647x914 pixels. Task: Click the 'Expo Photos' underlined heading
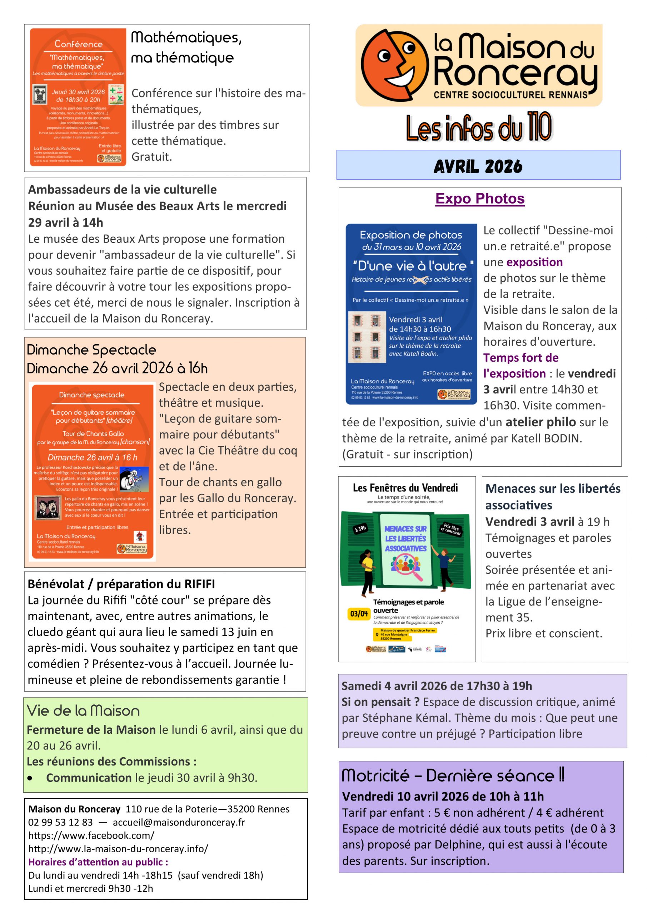pos(480,199)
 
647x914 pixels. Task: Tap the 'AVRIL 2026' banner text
pos(478,166)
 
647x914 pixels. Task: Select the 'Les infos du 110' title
pos(478,127)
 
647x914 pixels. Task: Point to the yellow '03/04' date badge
pos(359,613)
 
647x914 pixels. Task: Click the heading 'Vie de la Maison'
pos(83,710)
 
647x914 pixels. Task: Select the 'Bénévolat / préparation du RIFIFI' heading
pos(121,584)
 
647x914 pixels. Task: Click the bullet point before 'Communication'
pos(30,778)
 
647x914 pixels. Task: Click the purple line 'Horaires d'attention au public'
pos(98,862)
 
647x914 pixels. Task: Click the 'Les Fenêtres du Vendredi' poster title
pos(405,488)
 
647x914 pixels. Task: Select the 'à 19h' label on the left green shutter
pos(360,529)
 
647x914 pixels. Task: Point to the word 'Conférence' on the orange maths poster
pos(79,44)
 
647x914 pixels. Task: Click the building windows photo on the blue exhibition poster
pos(367,337)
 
